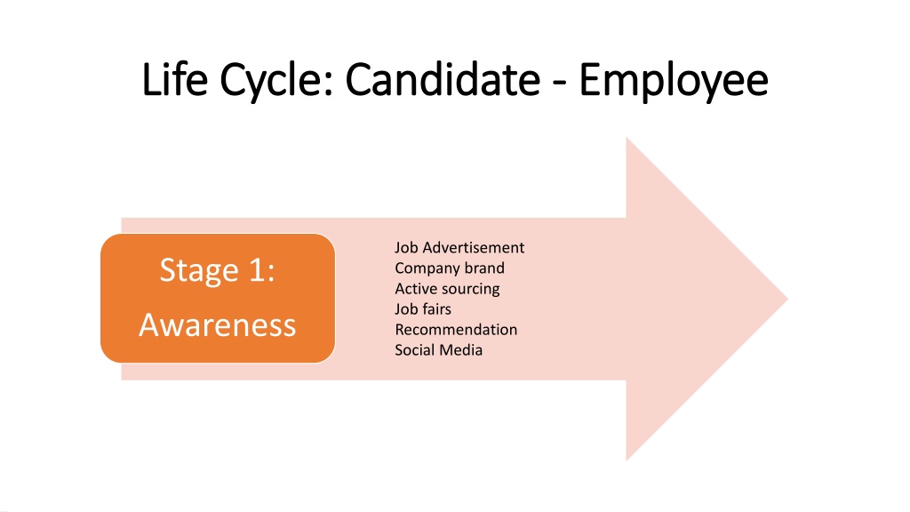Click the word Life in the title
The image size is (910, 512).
[x=175, y=79]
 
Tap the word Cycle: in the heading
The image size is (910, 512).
[x=277, y=81]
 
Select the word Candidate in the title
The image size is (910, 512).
[x=443, y=79]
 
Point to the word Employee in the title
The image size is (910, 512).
[x=674, y=81]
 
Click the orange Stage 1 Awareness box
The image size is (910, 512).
[x=218, y=299]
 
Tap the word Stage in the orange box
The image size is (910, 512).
[x=199, y=271]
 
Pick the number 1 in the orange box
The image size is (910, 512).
[x=259, y=270]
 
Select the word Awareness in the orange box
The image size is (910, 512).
[x=218, y=324]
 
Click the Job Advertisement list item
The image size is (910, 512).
[x=459, y=248]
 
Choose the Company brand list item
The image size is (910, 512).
[x=450, y=268]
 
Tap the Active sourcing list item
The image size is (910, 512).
[x=448, y=289]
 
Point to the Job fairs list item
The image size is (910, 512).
[x=423, y=308]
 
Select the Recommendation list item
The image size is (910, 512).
[x=456, y=330]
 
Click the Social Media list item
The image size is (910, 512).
[x=439, y=350]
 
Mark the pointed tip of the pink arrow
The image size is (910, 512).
[x=787, y=299]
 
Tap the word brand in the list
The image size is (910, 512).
[x=484, y=268]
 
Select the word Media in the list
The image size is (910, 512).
[x=461, y=350]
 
